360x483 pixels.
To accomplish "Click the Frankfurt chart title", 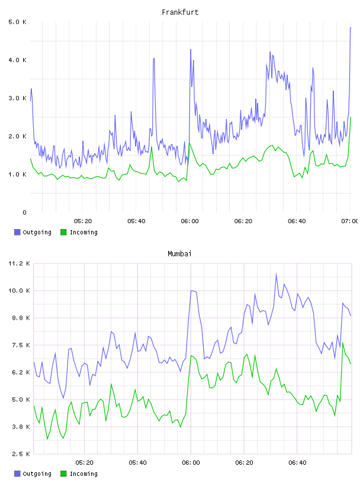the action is (180, 12).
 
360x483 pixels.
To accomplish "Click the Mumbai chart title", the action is (179, 254).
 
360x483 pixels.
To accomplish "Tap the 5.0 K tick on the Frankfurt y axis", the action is (17, 22).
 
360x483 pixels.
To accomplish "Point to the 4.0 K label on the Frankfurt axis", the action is (17, 60).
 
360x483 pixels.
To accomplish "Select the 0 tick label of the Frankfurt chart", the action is (24, 212).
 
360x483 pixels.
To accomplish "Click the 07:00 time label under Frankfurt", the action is (349, 221).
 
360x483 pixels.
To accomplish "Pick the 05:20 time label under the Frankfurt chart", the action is (83, 221).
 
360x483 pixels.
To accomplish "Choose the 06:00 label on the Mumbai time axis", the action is (191, 463).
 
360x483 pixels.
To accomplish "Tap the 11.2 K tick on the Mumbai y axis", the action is (19, 263).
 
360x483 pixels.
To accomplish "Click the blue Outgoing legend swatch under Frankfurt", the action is (17, 232).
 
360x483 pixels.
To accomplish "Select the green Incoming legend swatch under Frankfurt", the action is (63, 232).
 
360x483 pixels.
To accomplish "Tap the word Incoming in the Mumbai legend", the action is (83, 474).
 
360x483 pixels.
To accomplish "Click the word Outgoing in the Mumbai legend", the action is (37, 474).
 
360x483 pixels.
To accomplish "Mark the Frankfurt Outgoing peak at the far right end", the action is (351, 28).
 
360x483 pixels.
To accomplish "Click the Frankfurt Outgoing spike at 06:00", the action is (191, 50).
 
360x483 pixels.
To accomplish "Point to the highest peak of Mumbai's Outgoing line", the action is (276, 273).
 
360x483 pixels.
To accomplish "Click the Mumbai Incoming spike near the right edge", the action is (343, 343).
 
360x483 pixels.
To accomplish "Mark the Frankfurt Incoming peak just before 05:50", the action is (152, 147).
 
